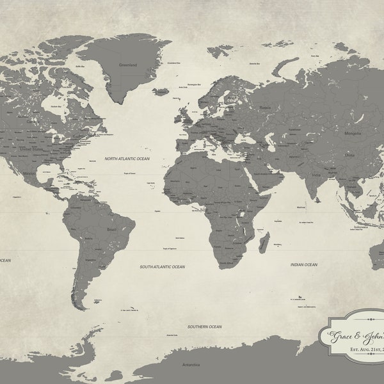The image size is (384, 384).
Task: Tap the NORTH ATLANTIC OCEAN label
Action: tap(128, 157)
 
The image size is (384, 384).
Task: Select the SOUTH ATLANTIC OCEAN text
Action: tap(162, 266)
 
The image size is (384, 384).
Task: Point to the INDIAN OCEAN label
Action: tap(303, 264)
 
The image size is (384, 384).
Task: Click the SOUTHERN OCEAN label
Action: tap(205, 326)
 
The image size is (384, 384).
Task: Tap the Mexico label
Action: tap(29, 173)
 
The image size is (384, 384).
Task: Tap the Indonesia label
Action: tap(367, 226)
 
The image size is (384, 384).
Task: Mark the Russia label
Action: tap(265, 108)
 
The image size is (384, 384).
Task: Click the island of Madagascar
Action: tap(263, 243)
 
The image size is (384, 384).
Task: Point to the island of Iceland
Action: tap(160, 92)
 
